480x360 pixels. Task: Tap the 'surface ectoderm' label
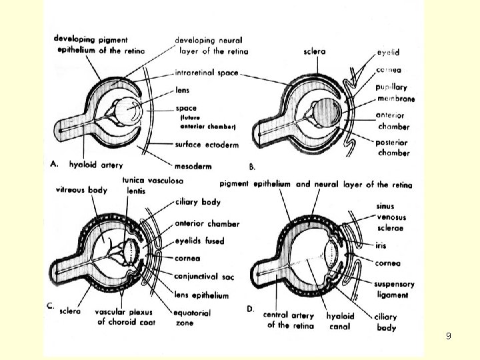207,144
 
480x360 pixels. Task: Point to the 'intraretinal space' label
207,73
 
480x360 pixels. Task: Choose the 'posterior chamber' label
394,147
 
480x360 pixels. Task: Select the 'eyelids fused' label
199,241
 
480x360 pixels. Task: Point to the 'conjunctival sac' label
204,273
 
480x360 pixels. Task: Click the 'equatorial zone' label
192,317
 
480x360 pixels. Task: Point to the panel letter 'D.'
251,308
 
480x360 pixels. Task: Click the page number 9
448,336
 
